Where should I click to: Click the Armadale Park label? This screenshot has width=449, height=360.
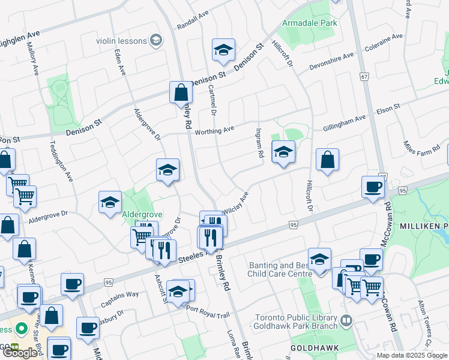pyautogui.click(x=310, y=23)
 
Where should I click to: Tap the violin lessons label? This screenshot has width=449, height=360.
pyautogui.click(x=120, y=40)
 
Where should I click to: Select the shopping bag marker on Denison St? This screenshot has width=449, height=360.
pyautogui.click(x=181, y=93)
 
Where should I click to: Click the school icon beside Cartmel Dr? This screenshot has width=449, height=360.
pyautogui.click(x=223, y=51)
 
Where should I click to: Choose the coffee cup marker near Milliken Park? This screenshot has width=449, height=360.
pyautogui.click(x=373, y=187)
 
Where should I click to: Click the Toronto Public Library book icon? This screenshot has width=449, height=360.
pyautogui.click(x=346, y=322)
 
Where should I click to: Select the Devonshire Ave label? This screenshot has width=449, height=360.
pyautogui.click(x=331, y=59)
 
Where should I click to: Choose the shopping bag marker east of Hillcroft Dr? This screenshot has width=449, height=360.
pyautogui.click(x=327, y=160)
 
